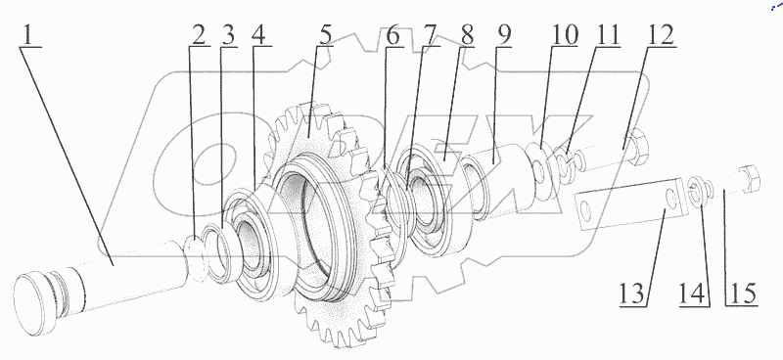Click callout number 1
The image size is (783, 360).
[30, 35]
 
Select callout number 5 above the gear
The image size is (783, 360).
[325, 35]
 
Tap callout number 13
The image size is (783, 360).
[631, 292]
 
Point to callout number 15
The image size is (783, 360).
[742, 292]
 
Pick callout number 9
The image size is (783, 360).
[503, 35]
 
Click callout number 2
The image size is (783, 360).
[199, 35]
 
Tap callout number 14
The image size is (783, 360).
[693, 292]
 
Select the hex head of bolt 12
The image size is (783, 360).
[636, 146]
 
